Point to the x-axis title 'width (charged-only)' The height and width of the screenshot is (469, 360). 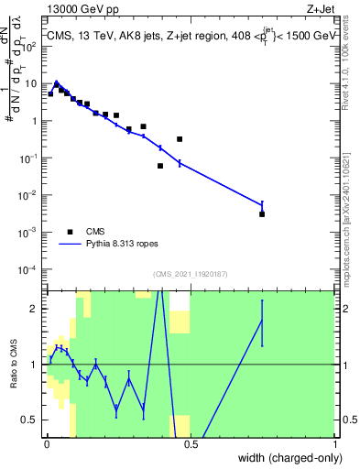point(287,457)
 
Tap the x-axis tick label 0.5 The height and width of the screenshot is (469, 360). point(191,444)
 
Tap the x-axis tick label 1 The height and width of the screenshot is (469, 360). point(335,444)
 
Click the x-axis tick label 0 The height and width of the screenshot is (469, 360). point(46,444)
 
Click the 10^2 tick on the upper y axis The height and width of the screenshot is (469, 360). point(32,45)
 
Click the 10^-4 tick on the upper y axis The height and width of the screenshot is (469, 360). point(32,269)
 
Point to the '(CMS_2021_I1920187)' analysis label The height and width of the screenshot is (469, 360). point(190,274)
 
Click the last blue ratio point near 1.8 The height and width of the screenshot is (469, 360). point(262,321)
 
